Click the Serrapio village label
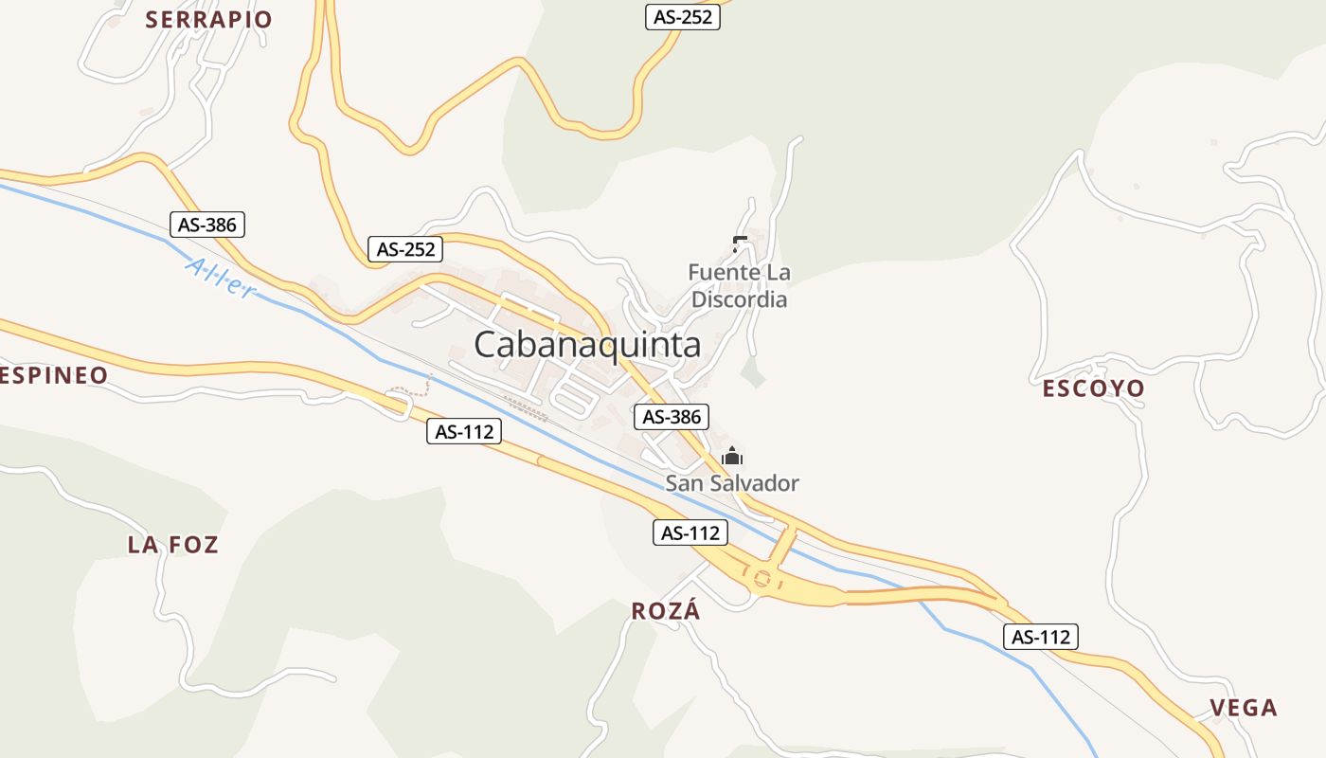click(x=208, y=19)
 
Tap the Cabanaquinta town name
click(x=587, y=345)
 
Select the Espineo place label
click(x=53, y=376)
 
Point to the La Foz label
click(x=173, y=545)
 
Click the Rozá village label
click(x=666, y=611)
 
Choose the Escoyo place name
click(x=1093, y=388)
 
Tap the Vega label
click(x=1244, y=708)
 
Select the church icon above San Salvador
click(x=731, y=457)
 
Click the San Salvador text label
click(x=732, y=483)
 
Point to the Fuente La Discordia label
click(x=739, y=286)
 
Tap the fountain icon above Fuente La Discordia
click(x=739, y=244)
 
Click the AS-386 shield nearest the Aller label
click(x=207, y=225)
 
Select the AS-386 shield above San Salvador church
click(x=672, y=416)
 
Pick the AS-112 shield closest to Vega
click(x=1041, y=637)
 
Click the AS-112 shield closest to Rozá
click(x=690, y=533)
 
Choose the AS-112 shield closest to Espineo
click(x=463, y=432)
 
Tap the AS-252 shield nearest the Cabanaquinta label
click(x=406, y=249)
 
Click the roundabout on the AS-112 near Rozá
click(x=762, y=577)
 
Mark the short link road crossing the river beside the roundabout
click(x=784, y=545)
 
